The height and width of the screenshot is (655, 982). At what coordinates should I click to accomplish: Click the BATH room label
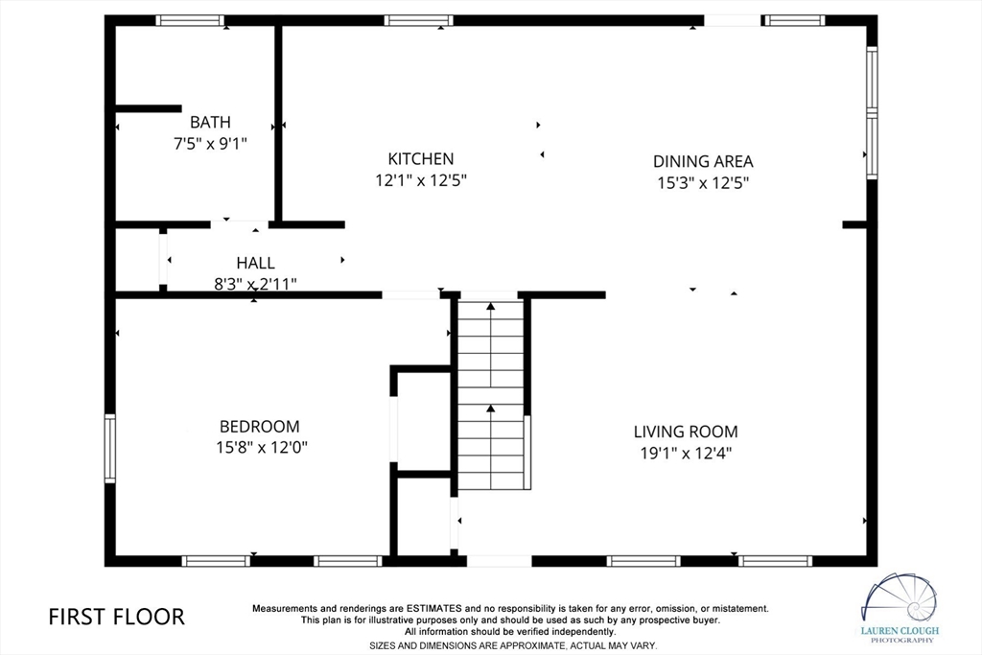[210, 122]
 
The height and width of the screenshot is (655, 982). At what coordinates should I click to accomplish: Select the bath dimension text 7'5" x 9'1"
[210, 144]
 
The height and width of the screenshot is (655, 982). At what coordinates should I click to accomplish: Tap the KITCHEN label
[421, 159]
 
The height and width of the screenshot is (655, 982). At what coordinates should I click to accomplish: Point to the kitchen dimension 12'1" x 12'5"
[421, 181]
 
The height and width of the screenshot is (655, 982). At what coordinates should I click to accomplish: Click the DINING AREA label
[703, 161]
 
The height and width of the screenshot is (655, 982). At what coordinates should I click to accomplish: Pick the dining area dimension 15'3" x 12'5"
[703, 183]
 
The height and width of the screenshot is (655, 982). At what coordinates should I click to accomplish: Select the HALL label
[255, 263]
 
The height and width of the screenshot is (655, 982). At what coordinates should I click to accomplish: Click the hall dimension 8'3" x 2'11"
[255, 284]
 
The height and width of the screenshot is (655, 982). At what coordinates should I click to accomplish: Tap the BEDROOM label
[259, 427]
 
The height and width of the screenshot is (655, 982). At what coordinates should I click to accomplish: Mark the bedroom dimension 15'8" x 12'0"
[262, 448]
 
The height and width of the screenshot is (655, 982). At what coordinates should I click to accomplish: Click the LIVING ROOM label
[686, 432]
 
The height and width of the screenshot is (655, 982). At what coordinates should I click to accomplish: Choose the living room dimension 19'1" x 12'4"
[686, 453]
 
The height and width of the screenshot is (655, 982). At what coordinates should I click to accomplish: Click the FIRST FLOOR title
[116, 617]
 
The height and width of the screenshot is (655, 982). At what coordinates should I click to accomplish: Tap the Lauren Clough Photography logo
[900, 608]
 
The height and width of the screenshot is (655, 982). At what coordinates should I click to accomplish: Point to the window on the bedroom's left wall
[109, 449]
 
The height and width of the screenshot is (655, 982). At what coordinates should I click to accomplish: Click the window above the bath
[190, 21]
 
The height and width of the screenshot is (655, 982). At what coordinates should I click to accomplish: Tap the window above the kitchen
[418, 21]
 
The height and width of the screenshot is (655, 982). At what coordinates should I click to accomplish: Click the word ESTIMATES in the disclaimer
[434, 608]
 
